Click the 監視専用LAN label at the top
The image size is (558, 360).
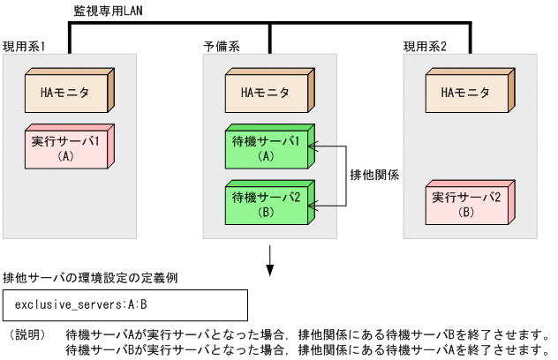pos(109,11)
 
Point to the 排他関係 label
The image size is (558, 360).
pos(374,175)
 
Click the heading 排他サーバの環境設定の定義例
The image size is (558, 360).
pos(91,278)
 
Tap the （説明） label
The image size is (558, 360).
pos(27,335)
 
